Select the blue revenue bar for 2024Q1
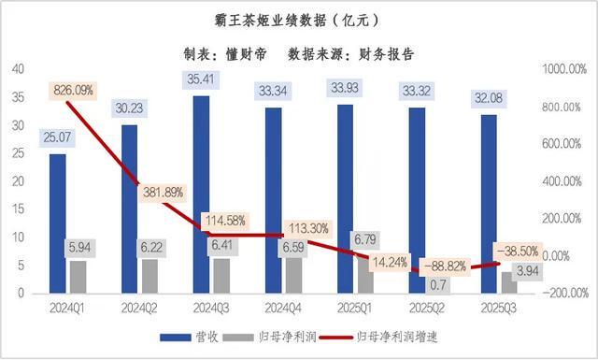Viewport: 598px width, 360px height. coord(58,224)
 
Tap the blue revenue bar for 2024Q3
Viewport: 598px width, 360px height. coord(201,196)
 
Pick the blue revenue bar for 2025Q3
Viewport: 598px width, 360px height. coord(488,206)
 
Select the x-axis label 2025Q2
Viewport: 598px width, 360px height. coord(426,307)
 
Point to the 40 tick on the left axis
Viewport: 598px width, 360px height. coord(18,69)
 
